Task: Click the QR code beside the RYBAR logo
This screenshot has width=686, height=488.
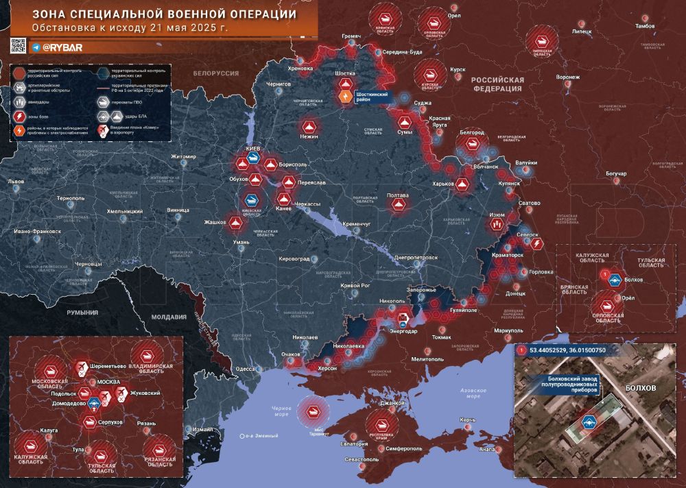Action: [x=18, y=46]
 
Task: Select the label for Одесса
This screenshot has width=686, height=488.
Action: [x=246, y=369]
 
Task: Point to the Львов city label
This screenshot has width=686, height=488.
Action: [x=15, y=182]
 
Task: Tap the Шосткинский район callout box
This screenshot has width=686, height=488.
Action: [x=374, y=97]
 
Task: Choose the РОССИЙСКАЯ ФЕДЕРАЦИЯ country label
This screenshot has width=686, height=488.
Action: [x=498, y=84]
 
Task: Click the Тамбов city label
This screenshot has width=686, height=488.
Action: [x=645, y=25]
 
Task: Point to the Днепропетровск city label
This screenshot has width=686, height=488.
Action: [x=416, y=257]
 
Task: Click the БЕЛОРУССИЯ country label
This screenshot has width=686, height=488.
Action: [x=215, y=73]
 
